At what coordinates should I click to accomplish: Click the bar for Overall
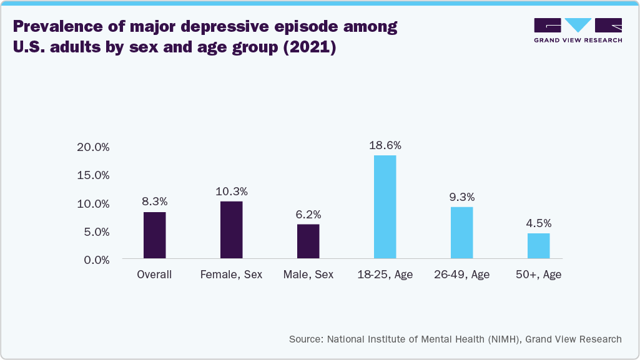pos(154,235)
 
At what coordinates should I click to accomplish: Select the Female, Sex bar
pos(231,230)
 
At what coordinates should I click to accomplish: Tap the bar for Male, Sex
pos(308,241)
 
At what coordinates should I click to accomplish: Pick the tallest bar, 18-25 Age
pos(385,207)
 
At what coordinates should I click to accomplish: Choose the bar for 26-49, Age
pos(461,233)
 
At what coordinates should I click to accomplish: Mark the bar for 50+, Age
pos(538,246)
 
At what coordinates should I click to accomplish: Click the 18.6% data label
pos(385,145)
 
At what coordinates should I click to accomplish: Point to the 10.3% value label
pos(231,192)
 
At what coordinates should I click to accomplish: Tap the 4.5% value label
pos(538,223)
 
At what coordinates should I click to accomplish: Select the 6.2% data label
pos(308,215)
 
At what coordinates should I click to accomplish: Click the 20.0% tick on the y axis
pos(92,147)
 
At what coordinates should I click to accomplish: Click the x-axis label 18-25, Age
pos(385,275)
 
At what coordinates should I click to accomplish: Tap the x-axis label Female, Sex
pos(231,275)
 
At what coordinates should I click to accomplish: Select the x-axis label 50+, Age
pos(538,275)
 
